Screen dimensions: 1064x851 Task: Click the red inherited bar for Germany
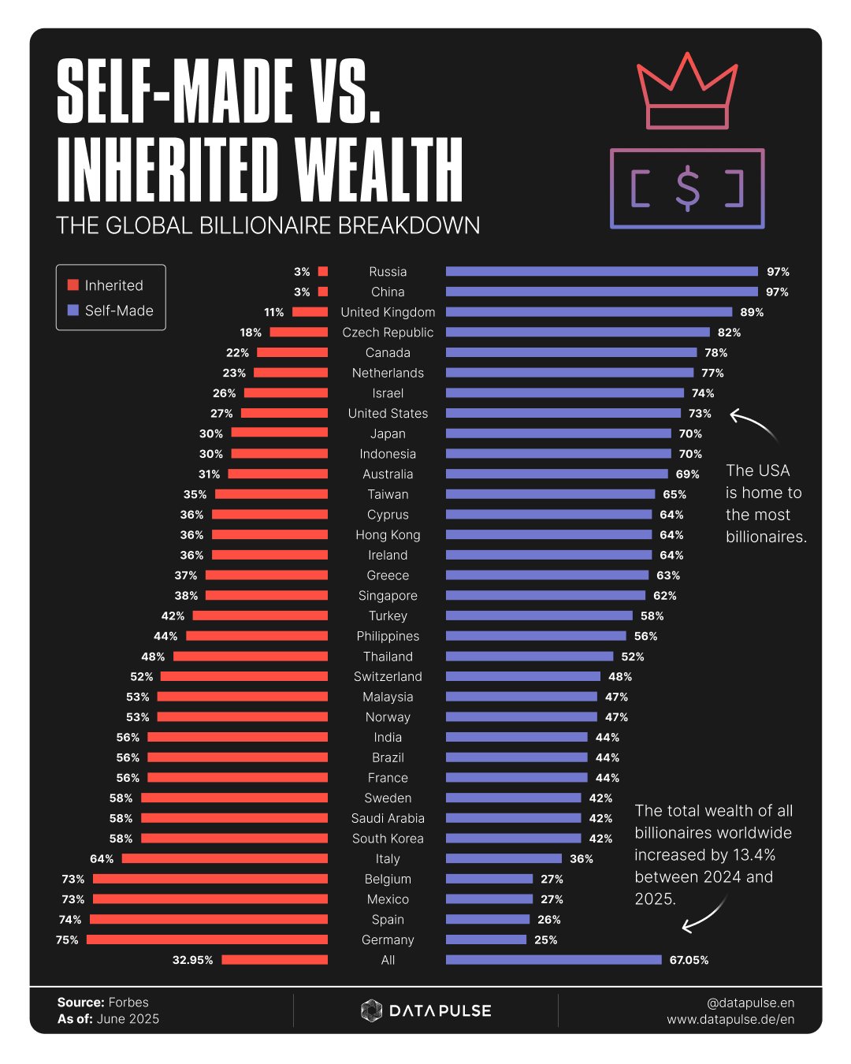point(207,939)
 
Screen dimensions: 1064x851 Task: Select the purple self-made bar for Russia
point(601,271)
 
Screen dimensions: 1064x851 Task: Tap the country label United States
point(388,413)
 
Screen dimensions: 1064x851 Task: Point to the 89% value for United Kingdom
point(752,312)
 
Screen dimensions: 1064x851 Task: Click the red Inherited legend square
point(73,285)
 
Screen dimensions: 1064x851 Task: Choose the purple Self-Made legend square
point(73,311)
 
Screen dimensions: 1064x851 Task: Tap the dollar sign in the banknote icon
point(687,188)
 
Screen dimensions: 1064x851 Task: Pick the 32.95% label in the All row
point(192,960)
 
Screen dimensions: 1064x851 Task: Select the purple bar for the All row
point(553,960)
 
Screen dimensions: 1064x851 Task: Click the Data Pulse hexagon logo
point(371,1010)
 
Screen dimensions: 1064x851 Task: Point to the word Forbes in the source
point(128,1003)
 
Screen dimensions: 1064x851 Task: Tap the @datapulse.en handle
point(750,1003)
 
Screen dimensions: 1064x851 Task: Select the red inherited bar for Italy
point(225,858)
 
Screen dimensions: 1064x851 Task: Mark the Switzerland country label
point(388,676)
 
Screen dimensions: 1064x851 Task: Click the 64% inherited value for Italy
point(102,859)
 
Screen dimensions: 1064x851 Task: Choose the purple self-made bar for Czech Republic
point(578,332)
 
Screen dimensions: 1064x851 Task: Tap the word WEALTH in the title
point(379,170)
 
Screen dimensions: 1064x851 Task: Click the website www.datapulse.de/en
point(730,1020)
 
